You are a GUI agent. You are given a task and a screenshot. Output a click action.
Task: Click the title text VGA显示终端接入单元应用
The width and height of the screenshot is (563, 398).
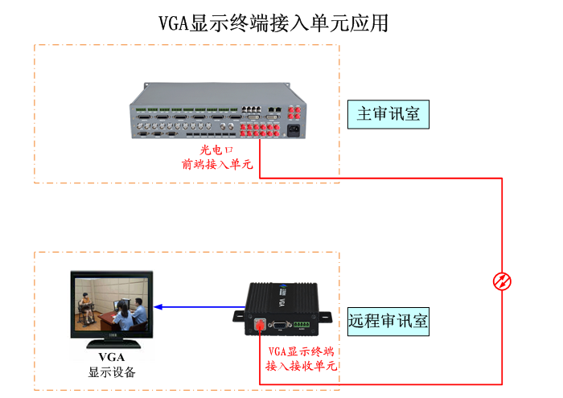(273, 23)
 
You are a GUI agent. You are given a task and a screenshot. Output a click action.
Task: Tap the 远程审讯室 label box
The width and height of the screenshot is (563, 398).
(388, 322)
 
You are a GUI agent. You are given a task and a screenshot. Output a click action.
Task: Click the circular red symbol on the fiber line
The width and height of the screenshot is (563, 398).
(503, 281)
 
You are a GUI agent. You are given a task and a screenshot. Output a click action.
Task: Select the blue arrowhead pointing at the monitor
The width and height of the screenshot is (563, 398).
(158, 306)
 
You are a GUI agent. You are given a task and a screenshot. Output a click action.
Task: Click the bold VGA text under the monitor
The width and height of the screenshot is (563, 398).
(112, 357)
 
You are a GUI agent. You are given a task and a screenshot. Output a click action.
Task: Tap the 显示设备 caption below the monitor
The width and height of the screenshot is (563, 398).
(112, 372)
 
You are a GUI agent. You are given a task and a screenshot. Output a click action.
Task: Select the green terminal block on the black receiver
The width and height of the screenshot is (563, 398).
(302, 326)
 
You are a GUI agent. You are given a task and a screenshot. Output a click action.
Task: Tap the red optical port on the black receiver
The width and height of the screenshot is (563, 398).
(259, 326)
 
